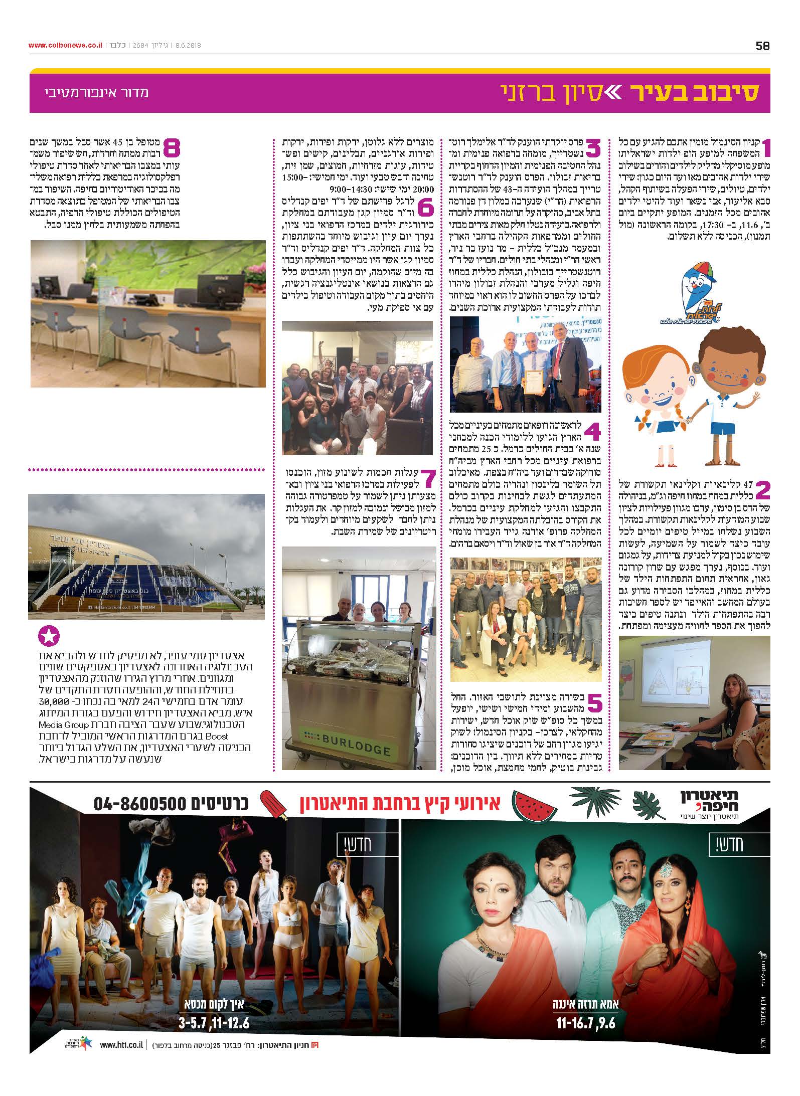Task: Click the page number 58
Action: pyautogui.click(x=762, y=46)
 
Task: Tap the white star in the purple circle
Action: pyautogui.click(x=49, y=637)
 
